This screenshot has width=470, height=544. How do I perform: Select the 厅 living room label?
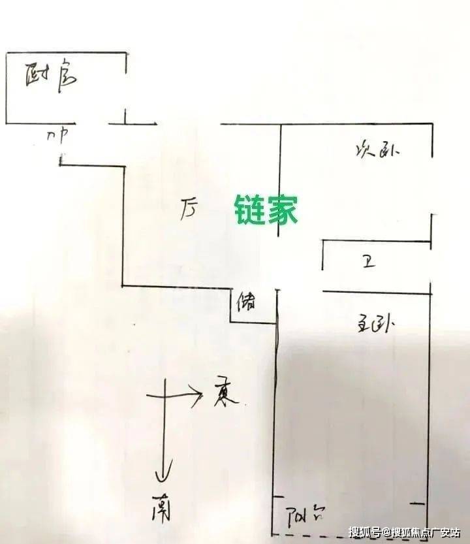[x=189, y=210]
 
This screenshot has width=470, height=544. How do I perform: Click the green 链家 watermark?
[x=266, y=210]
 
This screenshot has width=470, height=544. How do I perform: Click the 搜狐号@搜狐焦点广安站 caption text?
[x=404, y=532]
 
